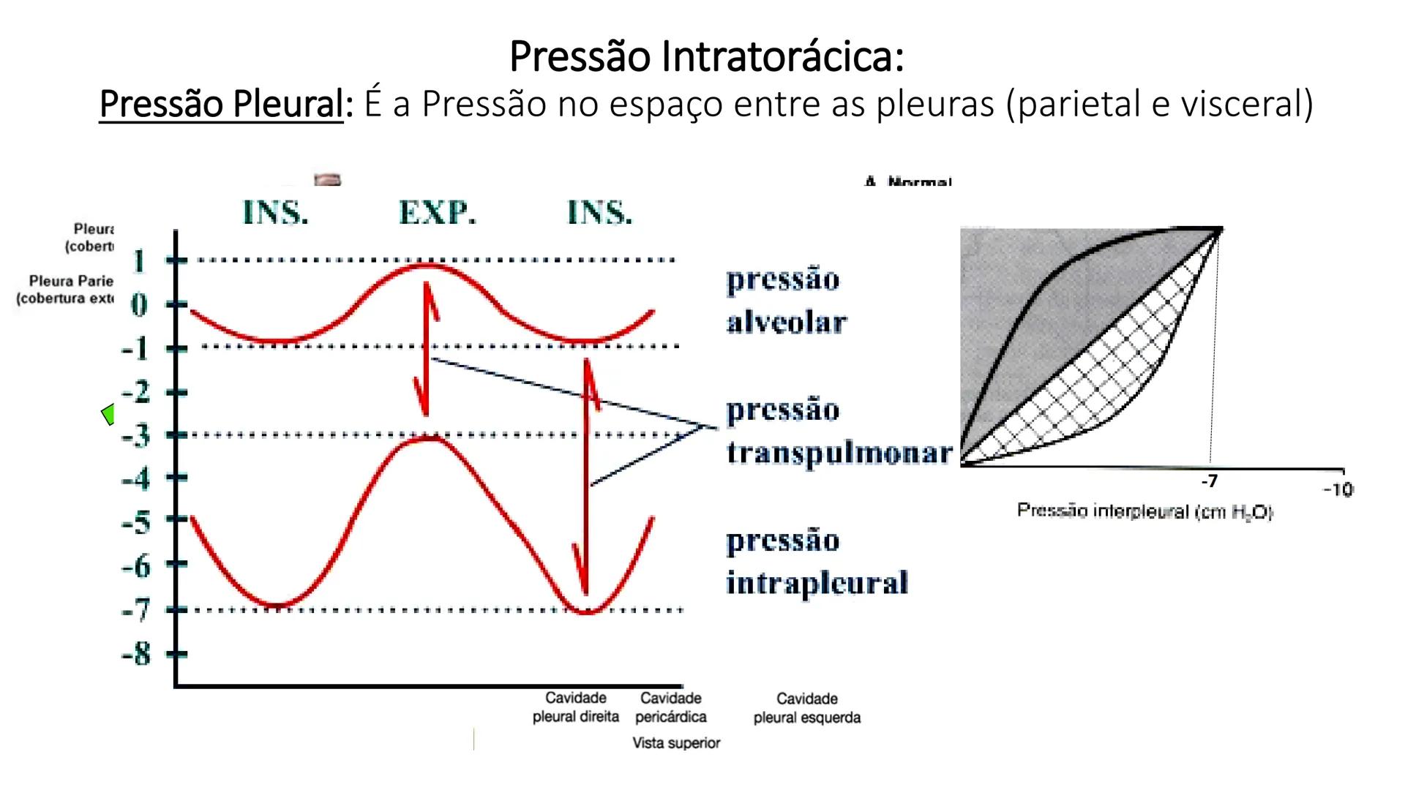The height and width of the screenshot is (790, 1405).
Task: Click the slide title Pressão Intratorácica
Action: tap(706, 56)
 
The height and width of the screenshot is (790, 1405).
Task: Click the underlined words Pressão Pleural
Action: tap(220, 104)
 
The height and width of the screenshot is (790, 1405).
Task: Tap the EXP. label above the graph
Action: tap(437, 212)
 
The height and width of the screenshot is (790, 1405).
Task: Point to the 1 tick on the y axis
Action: tap(139, 260)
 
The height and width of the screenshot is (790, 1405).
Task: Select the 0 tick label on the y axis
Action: tap(139, 304)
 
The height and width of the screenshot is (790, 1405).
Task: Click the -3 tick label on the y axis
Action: tap(135, 435)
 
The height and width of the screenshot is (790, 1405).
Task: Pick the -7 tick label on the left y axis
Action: tap(135, 609)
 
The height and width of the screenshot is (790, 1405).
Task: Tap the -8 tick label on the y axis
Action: tap(135, 653)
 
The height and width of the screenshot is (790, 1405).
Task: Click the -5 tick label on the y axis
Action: tap(135, 522)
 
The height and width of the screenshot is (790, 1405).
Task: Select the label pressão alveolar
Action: tap(786, 301)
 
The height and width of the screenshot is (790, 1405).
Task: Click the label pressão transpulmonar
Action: tap(839, 432)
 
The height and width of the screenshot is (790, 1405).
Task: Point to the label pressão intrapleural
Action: tap(817, 562)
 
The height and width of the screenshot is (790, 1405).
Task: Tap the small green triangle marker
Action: tap(108, 414)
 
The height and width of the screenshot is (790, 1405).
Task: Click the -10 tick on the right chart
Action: tap(1338, 490)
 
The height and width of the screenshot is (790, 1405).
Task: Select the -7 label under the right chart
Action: tap(1210, 481)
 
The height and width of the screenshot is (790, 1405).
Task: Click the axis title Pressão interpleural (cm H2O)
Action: tap(1144, 511)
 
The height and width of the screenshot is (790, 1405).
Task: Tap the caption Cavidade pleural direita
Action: tap(576, 707)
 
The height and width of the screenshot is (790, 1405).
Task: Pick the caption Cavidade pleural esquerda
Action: tap(806, 708)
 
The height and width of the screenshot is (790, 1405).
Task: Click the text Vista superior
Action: tap(676, 743)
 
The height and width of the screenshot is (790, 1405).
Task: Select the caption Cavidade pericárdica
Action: tap(671, 707)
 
